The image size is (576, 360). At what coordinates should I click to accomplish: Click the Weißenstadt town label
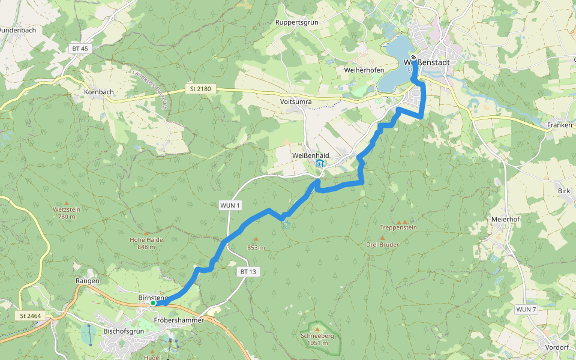coord(427,62)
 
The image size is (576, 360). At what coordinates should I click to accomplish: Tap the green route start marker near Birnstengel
coord(153,304)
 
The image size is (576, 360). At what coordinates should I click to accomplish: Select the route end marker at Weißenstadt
coord(413,58)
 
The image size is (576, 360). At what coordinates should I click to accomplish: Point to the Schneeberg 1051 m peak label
coord(317,339)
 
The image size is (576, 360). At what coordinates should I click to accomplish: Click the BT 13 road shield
coord(248,272)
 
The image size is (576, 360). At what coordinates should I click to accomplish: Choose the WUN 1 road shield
coord(230,206)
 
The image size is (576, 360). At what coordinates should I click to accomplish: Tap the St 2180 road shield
coord(200,89)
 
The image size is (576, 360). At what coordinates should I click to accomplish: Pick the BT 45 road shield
coord(79,49)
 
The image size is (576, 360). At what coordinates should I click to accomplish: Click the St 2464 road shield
coord(29,316)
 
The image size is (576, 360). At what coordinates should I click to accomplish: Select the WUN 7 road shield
coord(526,309)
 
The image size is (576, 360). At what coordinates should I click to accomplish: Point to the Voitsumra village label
coord(296,101)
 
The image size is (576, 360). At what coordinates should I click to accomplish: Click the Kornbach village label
coord(99,92)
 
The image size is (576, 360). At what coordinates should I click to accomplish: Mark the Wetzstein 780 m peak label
coord(66,212)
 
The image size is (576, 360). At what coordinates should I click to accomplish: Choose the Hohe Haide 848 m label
coord(146,243)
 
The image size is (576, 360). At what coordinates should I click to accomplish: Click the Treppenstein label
coord(398,227)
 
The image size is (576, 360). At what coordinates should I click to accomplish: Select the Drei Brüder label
coord(383,244)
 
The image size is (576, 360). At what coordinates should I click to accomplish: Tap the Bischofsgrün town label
coord(125,331)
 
